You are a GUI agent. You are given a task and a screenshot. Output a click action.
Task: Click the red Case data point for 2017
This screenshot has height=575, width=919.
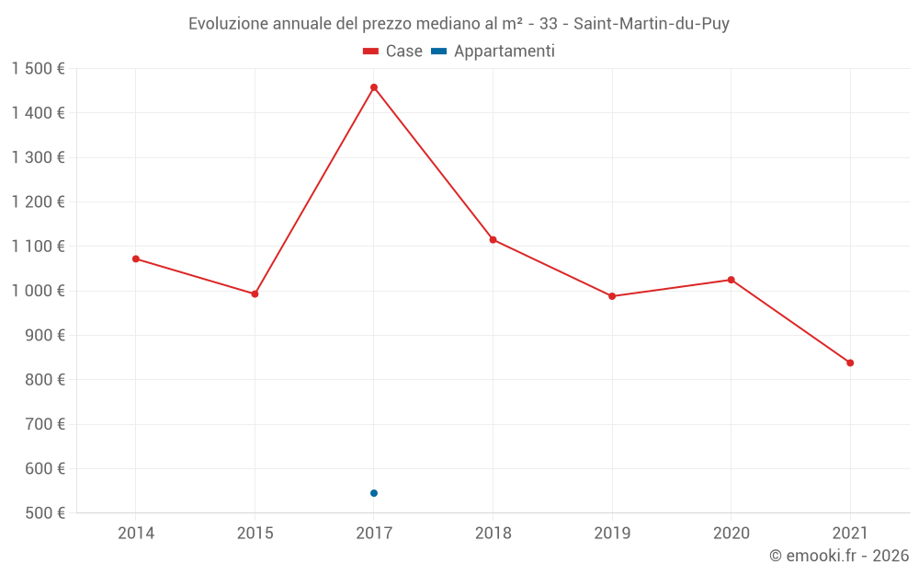point(374,87)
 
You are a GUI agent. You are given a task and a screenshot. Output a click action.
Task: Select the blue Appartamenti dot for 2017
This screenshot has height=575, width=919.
point(374,493)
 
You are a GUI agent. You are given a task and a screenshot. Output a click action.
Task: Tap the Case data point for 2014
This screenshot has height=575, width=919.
point(136,259)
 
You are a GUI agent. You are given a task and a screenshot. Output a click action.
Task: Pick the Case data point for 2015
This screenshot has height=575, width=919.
point(255,293)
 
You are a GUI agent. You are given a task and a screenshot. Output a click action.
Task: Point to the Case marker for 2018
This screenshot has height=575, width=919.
point(494,239)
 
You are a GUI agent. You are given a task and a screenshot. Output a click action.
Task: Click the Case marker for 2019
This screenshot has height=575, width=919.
point(612,296)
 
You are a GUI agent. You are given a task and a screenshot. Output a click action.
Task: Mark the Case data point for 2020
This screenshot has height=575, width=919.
point(732,280)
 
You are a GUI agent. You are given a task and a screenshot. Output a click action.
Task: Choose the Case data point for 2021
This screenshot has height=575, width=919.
point(850,362)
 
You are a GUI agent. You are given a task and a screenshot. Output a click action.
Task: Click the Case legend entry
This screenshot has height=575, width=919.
point(393,52)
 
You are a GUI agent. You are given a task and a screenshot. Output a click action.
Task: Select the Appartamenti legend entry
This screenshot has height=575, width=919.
point(494,52)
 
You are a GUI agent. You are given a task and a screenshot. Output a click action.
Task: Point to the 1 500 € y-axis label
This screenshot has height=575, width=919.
point(38,69)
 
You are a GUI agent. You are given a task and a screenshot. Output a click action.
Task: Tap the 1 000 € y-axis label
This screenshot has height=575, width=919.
point(38,291)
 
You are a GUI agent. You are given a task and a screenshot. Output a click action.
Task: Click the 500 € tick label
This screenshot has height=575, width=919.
point(45,512)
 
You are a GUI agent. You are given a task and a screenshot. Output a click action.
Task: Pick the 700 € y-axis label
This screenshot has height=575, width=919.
point(45,424)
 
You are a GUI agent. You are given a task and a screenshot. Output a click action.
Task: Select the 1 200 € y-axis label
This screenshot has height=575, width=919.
point(38,201)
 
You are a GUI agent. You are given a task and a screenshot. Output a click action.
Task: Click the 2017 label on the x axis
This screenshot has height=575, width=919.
point(374,533)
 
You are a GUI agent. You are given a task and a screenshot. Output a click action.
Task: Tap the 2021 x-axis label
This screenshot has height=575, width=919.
point(850,533)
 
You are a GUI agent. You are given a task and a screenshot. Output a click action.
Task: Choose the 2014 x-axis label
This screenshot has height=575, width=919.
point(136,533)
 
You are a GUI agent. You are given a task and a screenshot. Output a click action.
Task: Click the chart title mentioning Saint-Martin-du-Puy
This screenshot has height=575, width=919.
point(459,24)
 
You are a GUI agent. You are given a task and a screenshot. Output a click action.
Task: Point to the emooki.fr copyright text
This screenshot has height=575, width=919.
point(839,556)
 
